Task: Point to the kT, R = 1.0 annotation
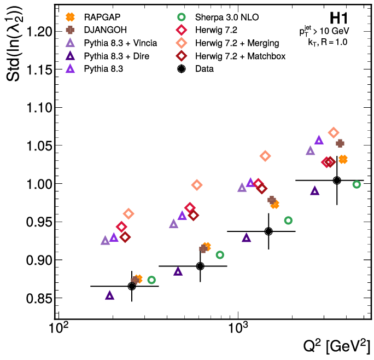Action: pos(328,41)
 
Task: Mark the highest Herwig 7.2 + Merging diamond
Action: pos(334,133)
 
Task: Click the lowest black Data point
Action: pos(132,286)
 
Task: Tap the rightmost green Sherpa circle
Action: pos(357,184)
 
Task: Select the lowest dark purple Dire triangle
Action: pos(109,295)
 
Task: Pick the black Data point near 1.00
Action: pos(337,181)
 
